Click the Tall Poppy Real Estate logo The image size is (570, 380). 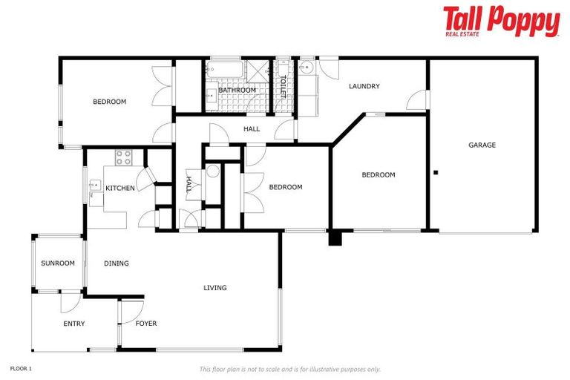(x=501, y=22)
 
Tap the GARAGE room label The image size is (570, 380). (x=482, y=145)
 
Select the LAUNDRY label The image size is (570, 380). (x=364, y=86)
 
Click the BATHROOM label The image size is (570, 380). (x=237, y=90)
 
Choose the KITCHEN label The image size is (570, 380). (x=120, y=188)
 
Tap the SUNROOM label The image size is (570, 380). (x=58, y=263)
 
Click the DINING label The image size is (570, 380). (x=117, y=263)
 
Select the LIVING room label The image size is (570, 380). (x=215, y=287)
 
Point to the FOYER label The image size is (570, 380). (x=146, y=323)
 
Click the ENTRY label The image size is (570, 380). (x=74, y=323)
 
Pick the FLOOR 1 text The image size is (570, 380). (x=21, y=367)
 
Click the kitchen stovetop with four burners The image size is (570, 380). (x=123, y=157)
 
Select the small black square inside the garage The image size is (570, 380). (x=436, y=173)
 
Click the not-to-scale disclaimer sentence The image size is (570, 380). (x=289, y=369)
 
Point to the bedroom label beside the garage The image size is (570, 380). (x=379, y=174)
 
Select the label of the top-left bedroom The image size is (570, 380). (x=109, y=102)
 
